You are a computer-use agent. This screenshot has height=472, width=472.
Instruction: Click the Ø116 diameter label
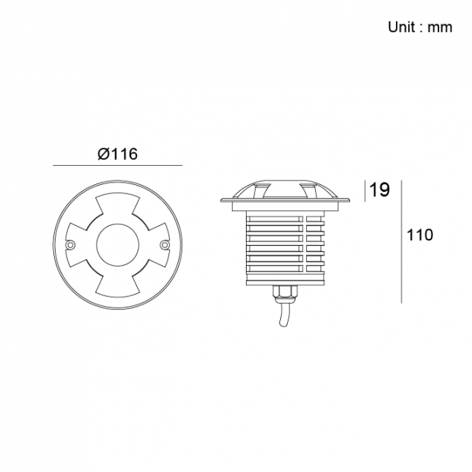click(x=118, y=154)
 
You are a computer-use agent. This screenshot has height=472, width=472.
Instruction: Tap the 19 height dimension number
click(x=379, y=190)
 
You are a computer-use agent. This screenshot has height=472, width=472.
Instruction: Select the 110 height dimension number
click(x=419, y=234)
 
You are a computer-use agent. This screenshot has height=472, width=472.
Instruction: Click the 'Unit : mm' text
click(x=420, y=27)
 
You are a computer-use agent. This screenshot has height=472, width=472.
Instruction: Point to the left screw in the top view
click(x=70, y=245)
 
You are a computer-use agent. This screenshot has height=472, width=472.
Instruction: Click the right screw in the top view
click(x=165, y=245)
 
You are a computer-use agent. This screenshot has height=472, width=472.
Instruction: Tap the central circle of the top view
click(x=117, y=244)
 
